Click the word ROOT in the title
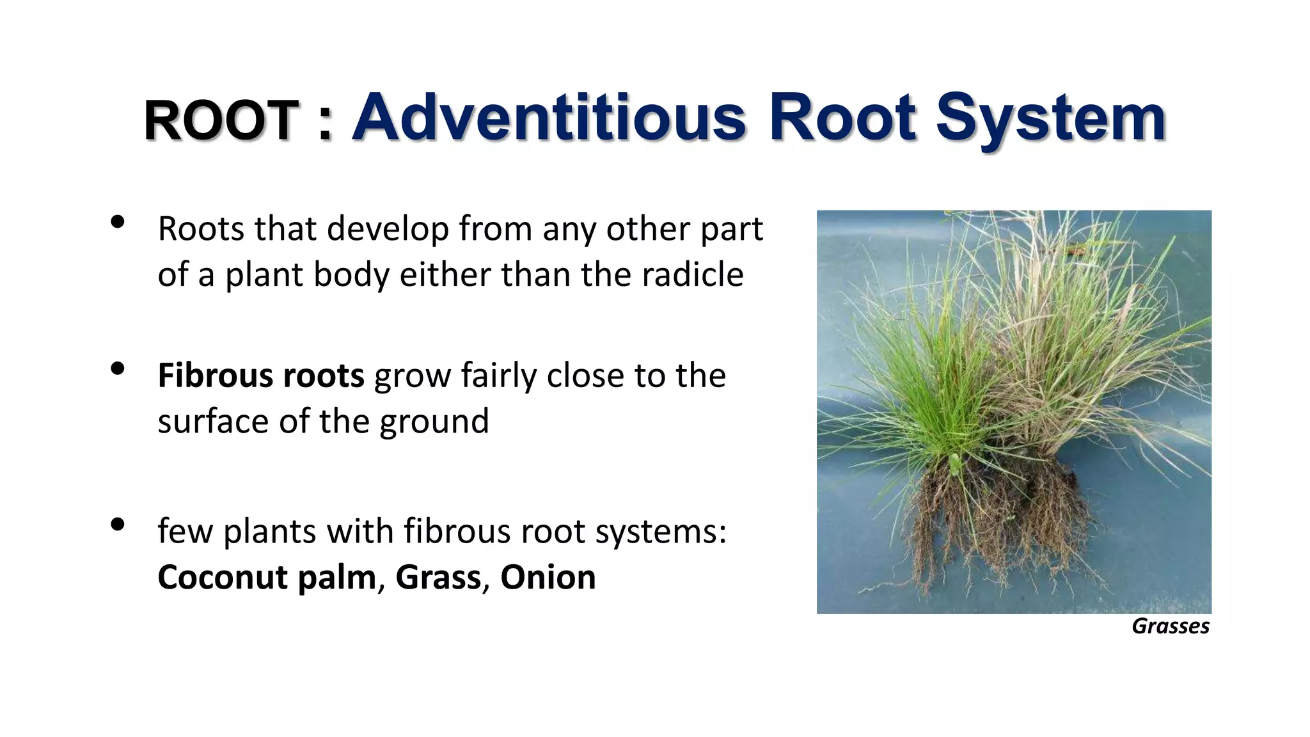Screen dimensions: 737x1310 pos(221,121)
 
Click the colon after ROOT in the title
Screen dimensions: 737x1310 pos(325,122)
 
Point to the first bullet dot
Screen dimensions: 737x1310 pos(117,222)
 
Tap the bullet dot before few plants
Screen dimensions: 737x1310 pos(117,525)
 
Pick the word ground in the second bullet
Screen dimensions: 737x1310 pos(434,422)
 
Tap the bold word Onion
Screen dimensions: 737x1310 pos(548,577)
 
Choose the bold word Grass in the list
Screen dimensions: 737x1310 pos(438,577)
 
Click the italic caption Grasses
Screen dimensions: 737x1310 pos(1170,626)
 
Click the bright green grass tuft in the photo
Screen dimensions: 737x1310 pos(927,384)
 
